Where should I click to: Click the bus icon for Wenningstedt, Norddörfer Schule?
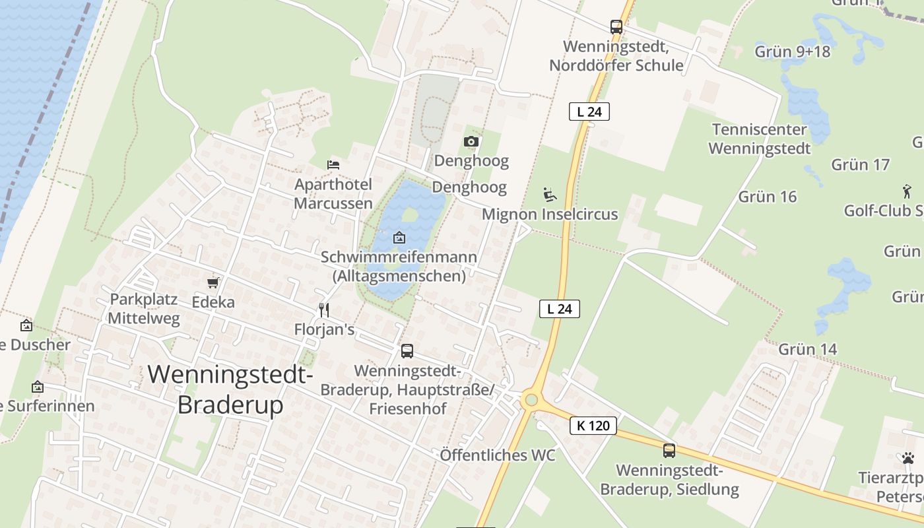coord(616,27)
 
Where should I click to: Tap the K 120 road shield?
coord(593,426)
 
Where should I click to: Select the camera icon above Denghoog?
coord(471,141)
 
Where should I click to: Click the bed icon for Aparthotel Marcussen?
coord(333,164)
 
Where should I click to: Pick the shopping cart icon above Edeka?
coord(213,282)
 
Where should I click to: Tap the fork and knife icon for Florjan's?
coord(323,310)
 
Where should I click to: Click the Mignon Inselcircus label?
coord(550,214)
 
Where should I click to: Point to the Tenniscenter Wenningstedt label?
coord(759,139)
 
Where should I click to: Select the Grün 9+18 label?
coord(792,51)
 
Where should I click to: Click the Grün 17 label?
coord(860,164)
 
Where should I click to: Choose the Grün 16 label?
coord(767,196)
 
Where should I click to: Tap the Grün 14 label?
coord(807,348)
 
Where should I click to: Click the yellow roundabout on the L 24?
coord(530,399)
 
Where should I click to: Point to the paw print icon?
coord(908,457)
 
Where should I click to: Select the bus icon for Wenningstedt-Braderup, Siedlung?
coord(669,451)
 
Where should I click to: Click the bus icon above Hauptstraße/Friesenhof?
coord(407,351)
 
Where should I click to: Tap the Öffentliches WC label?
coord(497,455)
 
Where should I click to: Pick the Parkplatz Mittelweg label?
coord(143,308)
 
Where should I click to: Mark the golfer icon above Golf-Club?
coord(907,192)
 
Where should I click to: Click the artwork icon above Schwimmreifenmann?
coord(399,238)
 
